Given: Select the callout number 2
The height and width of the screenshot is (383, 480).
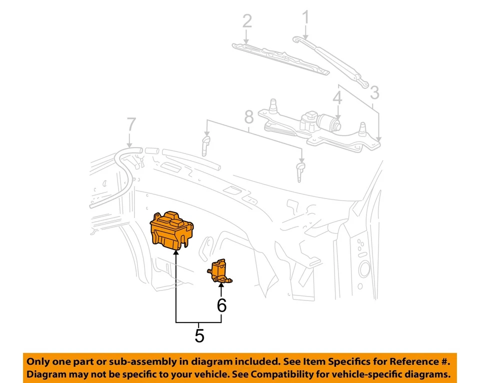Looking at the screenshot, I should pos(246,21).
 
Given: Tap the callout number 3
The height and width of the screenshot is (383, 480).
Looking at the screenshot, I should pos(374,93).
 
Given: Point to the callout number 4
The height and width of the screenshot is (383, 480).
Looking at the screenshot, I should pos(337,98).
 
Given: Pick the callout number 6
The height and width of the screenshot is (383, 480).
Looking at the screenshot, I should pos(221,304).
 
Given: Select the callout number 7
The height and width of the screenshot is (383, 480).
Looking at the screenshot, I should pos(130,123).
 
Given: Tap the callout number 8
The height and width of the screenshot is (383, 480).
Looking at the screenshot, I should pos(249,118).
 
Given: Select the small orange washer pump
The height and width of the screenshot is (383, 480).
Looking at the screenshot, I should pos(219,272).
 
